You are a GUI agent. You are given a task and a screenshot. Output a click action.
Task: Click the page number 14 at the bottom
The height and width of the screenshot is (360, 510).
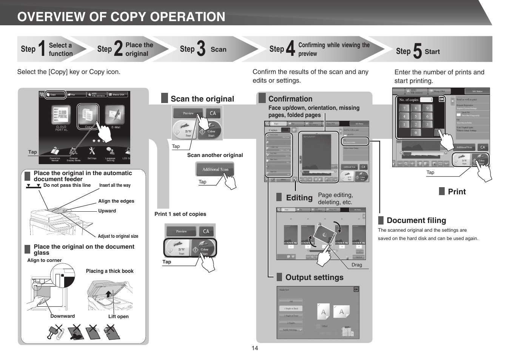[x=255, y=348]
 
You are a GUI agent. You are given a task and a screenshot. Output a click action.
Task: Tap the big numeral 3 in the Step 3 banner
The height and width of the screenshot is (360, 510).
[x=201, y=49]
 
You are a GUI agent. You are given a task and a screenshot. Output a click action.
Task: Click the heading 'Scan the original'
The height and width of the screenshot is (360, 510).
[x=202, y=99]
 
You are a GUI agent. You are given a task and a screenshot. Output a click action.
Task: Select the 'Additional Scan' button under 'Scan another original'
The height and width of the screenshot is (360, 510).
[x=215, y=169]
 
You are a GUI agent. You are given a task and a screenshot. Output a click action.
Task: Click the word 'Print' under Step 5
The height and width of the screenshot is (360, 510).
[x=457, y=192]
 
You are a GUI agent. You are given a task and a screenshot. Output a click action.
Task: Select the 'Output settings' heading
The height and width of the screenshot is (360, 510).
[x=314, y=277]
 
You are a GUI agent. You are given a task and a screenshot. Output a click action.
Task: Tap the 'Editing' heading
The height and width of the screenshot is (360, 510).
[x=299, y=198]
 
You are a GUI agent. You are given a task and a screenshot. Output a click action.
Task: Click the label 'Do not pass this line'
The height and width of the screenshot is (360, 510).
[x=67, y=185]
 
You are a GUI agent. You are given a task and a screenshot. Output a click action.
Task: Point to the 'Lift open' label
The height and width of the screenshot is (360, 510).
[x=118, y=317]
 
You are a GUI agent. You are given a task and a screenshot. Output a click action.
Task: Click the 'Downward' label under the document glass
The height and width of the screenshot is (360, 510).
[x=63, y=316]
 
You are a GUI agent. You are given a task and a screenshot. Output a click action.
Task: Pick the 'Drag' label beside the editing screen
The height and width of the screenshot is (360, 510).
[x=356, y=265]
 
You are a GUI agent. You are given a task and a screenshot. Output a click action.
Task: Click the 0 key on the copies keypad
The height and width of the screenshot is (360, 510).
[x=416, y=132]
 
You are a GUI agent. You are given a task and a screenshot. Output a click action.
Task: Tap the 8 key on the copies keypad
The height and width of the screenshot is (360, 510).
[x=416, y=108]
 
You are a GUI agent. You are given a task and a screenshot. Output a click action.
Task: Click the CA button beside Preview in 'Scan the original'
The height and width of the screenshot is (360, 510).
[x=213, y=113]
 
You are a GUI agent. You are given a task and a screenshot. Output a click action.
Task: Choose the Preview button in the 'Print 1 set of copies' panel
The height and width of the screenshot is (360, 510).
[x=181, y=231]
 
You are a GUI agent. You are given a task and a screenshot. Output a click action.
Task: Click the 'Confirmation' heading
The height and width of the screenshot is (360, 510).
[x=290, y=99]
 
